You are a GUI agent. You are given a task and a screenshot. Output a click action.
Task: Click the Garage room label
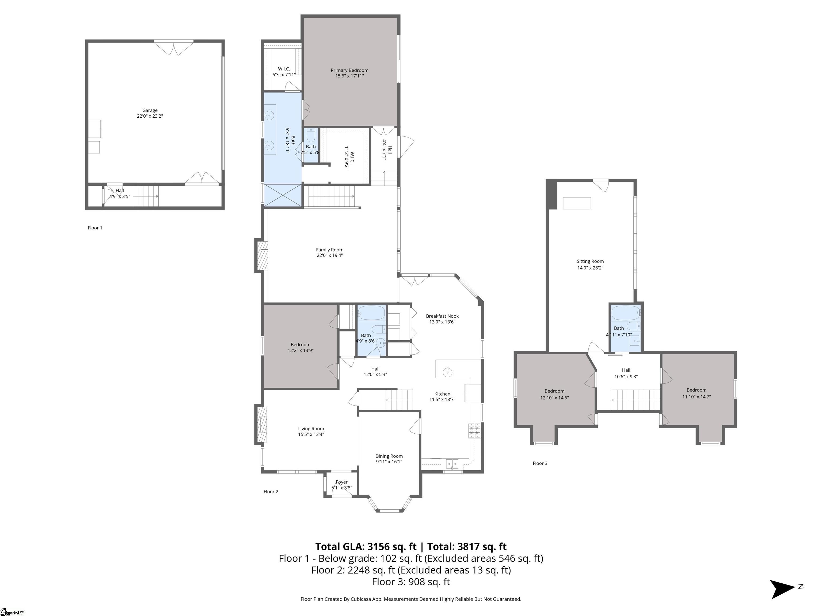pos(150,110)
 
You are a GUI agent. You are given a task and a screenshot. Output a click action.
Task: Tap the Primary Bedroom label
pos(349,70)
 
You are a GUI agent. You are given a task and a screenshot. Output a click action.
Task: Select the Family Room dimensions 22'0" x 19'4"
pos(330,255)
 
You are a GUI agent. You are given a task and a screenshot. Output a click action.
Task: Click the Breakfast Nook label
pos(442,316)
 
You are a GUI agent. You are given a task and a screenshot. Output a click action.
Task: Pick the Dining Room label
pos(389,456)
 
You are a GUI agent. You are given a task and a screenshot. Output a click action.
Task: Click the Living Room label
pos(311,429)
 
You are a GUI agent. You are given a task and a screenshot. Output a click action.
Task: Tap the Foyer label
pos(341,482)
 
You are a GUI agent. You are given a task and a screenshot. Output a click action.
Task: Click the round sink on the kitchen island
pos(448,372)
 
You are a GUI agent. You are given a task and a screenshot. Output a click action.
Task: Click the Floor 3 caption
pos(540,463)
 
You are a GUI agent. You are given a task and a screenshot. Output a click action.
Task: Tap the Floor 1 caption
pos(95,228)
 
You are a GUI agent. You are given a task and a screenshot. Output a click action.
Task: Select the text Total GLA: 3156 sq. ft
pos(366,546)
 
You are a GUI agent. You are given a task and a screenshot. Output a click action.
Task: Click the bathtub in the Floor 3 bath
pos(626,313)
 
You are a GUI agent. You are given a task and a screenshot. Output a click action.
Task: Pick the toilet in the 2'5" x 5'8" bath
pos(311,136)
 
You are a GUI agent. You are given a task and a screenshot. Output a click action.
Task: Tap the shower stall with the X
pos(282,195)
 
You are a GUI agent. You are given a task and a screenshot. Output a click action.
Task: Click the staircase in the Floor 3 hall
pos(636,399)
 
